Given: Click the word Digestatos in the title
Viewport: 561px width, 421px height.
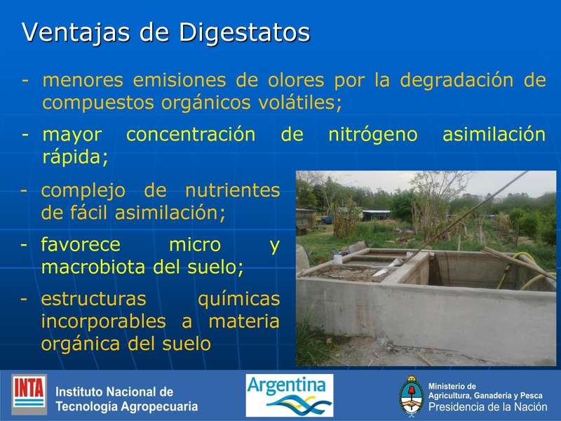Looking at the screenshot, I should pyautogui.click(x=244, y=32).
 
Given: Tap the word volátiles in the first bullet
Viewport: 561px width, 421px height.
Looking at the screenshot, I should pyautogui.click(x=294, y=102).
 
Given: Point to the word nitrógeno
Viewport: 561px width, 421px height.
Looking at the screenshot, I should pyautogui.click(x=372, y=134).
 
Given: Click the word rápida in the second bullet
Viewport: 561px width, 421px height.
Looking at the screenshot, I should pyautogui.click(x=75, y=156).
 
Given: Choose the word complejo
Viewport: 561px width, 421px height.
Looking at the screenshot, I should pyautogui.click(x=83, y=190).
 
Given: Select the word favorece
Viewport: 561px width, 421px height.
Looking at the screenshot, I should pyautogui.click(x=81, y=244).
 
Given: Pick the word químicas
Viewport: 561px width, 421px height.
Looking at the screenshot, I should pyautogui.click(x=238, y=299).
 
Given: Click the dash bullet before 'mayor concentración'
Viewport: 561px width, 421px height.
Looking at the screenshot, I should pyautogui.click(x=25, y=134).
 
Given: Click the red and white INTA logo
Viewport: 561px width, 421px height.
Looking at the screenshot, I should pyautogui.click(x=29, y=394).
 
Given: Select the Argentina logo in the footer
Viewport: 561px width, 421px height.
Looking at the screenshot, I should pyautogui.click(x=289, y=395).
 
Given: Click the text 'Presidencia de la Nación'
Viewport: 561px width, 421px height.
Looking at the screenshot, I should pyautogui.click(x=487, y=407).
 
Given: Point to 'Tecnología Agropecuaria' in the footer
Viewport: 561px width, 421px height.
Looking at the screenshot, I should pyautogui.click(x=126, y=406).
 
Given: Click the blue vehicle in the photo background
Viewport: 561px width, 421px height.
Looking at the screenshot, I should pyautogui.click(x=327, y=220).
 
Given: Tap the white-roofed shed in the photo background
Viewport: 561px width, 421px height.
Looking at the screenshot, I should pyautogui.click(x=376, y=212).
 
